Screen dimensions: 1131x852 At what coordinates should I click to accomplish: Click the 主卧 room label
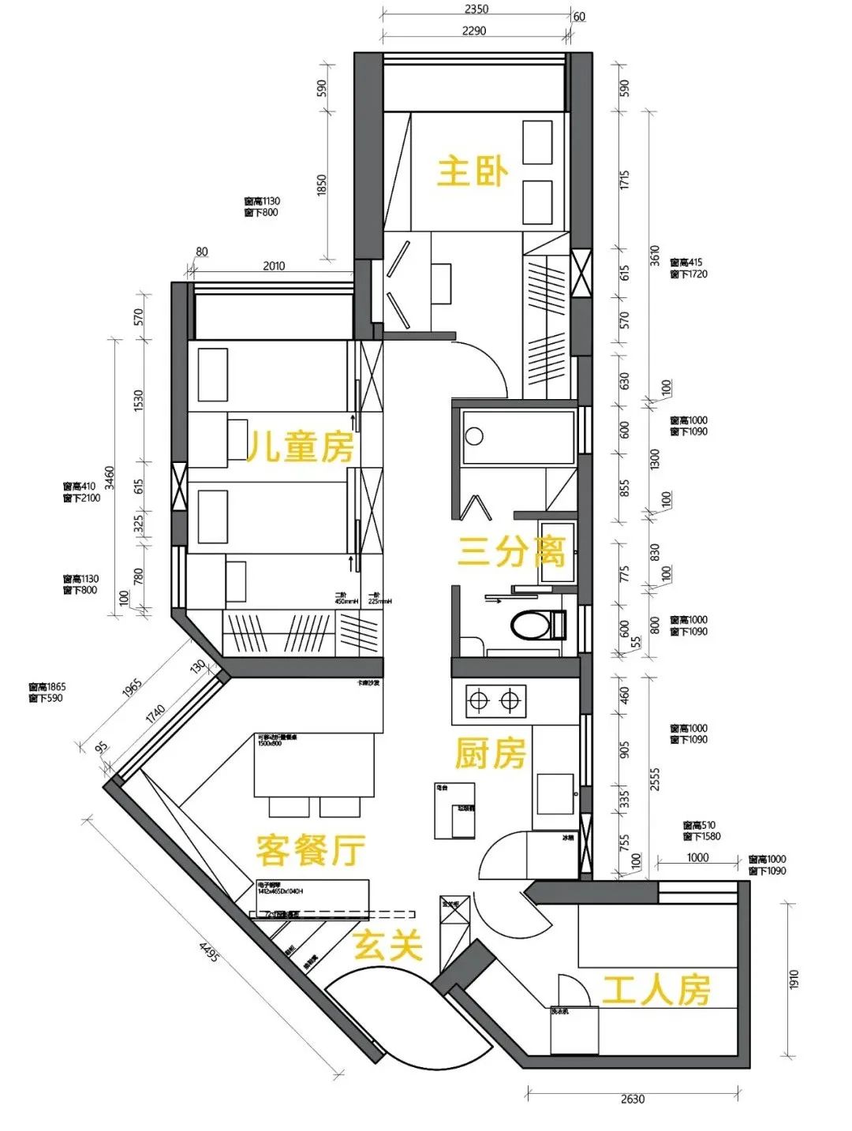coord(473,172)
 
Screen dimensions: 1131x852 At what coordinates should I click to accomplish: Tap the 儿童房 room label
coord(301,448)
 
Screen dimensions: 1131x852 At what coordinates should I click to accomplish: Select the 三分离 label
coord(511,551)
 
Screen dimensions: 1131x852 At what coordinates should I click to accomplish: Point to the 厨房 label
coord(490,754)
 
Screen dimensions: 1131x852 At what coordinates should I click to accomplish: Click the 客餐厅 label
coord(310,850)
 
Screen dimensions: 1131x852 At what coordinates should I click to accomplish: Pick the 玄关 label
coord(387,945)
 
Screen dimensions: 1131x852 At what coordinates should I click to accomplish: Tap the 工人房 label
coord(656,990)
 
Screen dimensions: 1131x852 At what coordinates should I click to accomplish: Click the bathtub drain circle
coord(474,435)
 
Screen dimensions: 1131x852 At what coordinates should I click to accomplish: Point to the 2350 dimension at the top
coord(476,9)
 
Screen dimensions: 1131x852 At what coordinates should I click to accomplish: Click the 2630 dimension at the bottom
coord(633,1099)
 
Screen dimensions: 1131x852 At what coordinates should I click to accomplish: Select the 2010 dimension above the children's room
coord(274,266)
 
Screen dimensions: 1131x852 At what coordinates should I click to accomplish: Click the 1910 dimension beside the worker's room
coord(794,980)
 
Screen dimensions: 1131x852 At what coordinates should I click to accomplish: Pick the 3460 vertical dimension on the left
coord(110,477)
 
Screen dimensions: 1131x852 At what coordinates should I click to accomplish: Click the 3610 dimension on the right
coord(655,256)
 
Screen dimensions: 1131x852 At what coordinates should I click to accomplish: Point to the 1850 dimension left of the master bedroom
coord(321,185)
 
